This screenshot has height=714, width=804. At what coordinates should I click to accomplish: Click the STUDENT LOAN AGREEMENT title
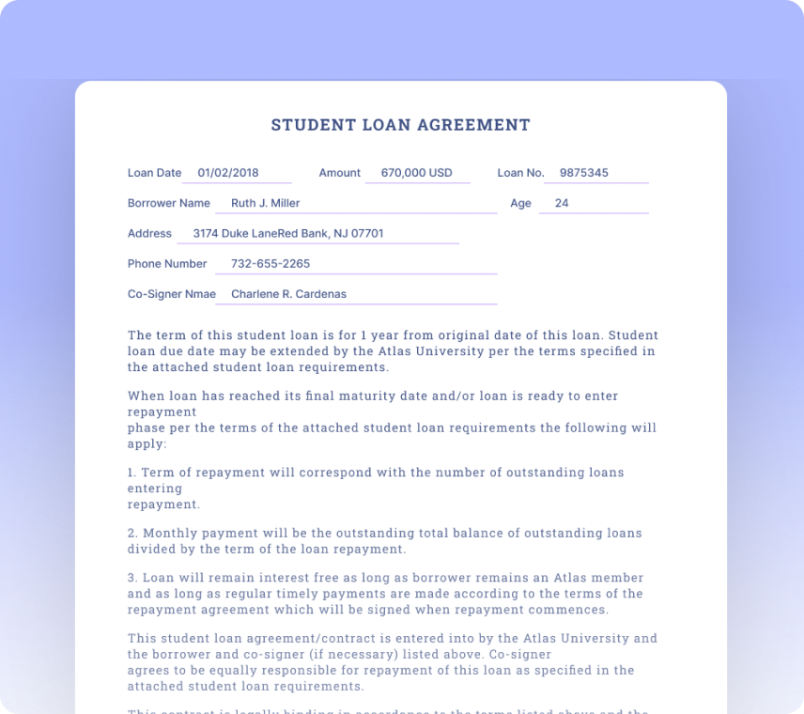401,125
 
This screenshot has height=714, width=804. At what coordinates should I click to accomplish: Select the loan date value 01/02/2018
227,173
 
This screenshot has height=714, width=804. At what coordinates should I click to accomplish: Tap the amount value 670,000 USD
416,173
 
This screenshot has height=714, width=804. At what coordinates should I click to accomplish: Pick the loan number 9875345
583,173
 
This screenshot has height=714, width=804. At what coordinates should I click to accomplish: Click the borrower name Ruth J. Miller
265,203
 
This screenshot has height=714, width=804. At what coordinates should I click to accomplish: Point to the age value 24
562,203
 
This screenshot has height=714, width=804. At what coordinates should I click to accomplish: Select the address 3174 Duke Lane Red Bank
287,233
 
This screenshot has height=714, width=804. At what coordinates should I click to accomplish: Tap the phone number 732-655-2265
271,264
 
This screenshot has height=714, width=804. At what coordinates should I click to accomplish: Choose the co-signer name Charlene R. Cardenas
288,294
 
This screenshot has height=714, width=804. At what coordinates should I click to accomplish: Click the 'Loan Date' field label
154,173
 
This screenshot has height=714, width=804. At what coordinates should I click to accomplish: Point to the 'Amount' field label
339,173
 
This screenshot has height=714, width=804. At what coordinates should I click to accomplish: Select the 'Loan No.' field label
520,173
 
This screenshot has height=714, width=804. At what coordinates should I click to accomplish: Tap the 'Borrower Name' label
169,203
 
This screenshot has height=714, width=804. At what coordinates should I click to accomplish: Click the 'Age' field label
520,203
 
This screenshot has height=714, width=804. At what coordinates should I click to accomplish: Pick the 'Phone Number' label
167,264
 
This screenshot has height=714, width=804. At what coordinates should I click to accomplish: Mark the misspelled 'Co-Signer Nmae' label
172,294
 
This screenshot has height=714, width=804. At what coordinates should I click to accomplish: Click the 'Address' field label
149,233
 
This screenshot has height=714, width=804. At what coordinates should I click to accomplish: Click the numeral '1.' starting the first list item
131,473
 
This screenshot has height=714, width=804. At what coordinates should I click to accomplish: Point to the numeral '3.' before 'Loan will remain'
132,578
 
